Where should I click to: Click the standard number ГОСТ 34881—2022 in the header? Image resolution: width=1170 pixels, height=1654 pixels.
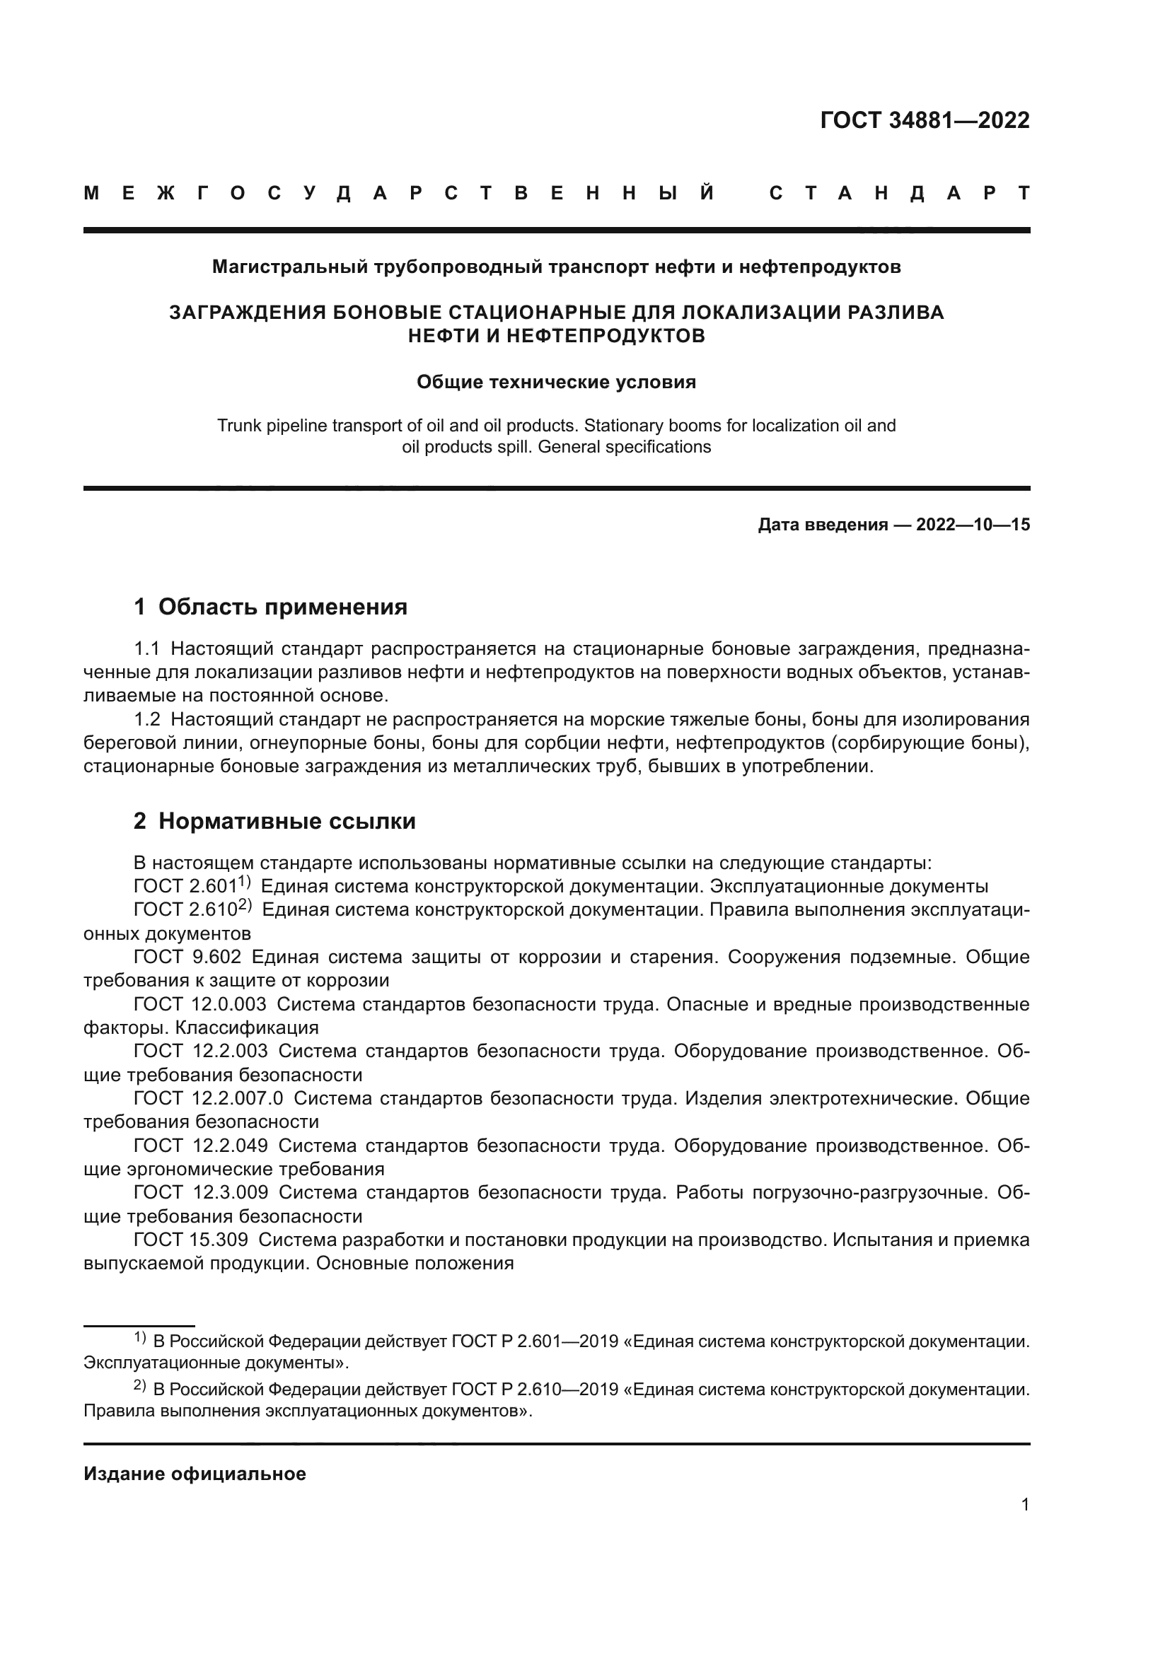coord(925,120)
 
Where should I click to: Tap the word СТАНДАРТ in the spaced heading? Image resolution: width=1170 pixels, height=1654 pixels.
coord(899,193)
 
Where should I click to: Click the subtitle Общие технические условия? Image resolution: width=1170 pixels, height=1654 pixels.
coord(556,382)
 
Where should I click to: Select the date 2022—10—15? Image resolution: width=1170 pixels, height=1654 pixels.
coord(973,525)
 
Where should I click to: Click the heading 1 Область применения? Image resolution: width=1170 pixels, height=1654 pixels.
coord(270,607)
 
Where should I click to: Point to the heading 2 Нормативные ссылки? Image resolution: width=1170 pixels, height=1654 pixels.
coord(274,821)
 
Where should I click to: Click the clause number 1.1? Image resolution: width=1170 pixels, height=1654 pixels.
coord(147,649)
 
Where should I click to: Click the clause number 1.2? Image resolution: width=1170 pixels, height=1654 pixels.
coord(147,719)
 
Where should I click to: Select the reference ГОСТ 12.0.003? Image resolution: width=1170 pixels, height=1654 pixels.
coord(199,1004)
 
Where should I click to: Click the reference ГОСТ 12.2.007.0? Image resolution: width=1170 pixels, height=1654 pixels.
coord(208,1099)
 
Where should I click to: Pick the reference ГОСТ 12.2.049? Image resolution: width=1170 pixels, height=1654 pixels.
coord(200,1146)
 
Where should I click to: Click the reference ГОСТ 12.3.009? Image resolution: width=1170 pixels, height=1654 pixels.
coord(200,1192)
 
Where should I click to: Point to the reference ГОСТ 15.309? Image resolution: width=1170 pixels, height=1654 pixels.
coord(191,1240)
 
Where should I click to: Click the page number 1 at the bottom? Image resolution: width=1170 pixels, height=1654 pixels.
coord(1024,1505)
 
